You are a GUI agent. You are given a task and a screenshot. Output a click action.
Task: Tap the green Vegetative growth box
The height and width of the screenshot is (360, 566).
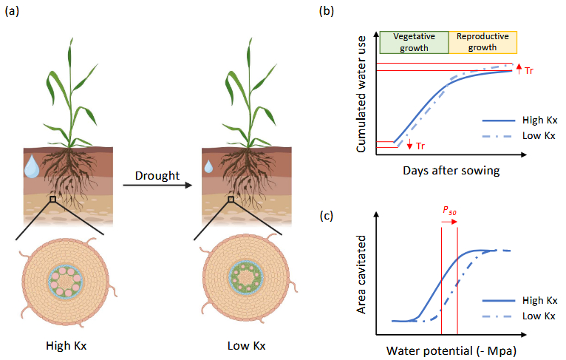pyautogui.click(x=413, y=42)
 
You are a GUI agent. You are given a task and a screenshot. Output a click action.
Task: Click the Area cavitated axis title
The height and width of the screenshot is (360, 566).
pyautogui.click(x=362, y=273)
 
